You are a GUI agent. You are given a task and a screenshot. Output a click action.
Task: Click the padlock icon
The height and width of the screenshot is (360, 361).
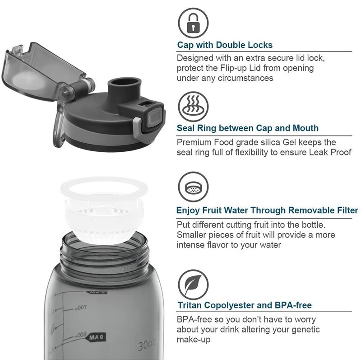193,23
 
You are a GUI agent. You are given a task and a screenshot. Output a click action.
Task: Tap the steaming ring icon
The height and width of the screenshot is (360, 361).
193,107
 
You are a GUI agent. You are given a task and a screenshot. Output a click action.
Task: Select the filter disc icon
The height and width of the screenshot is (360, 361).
193,187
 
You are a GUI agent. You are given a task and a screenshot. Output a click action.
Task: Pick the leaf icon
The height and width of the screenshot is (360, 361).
193,285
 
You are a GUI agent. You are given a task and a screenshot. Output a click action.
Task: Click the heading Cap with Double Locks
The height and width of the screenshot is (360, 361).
225,45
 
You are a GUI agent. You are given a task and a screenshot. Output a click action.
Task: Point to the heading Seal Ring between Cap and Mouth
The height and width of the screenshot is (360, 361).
247,128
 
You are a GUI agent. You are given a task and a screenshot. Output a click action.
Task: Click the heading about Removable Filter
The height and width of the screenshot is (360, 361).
267,210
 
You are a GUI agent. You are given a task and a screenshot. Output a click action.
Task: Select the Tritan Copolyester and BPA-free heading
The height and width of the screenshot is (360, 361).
245,305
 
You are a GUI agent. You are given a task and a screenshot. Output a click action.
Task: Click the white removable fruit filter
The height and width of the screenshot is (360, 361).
104,210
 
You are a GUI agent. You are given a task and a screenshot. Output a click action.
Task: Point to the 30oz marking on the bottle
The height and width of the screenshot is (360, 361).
147,345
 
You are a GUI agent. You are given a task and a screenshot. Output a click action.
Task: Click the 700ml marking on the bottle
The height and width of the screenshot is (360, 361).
81,307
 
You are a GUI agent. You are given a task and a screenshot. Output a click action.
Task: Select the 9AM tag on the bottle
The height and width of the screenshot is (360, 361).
97,337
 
